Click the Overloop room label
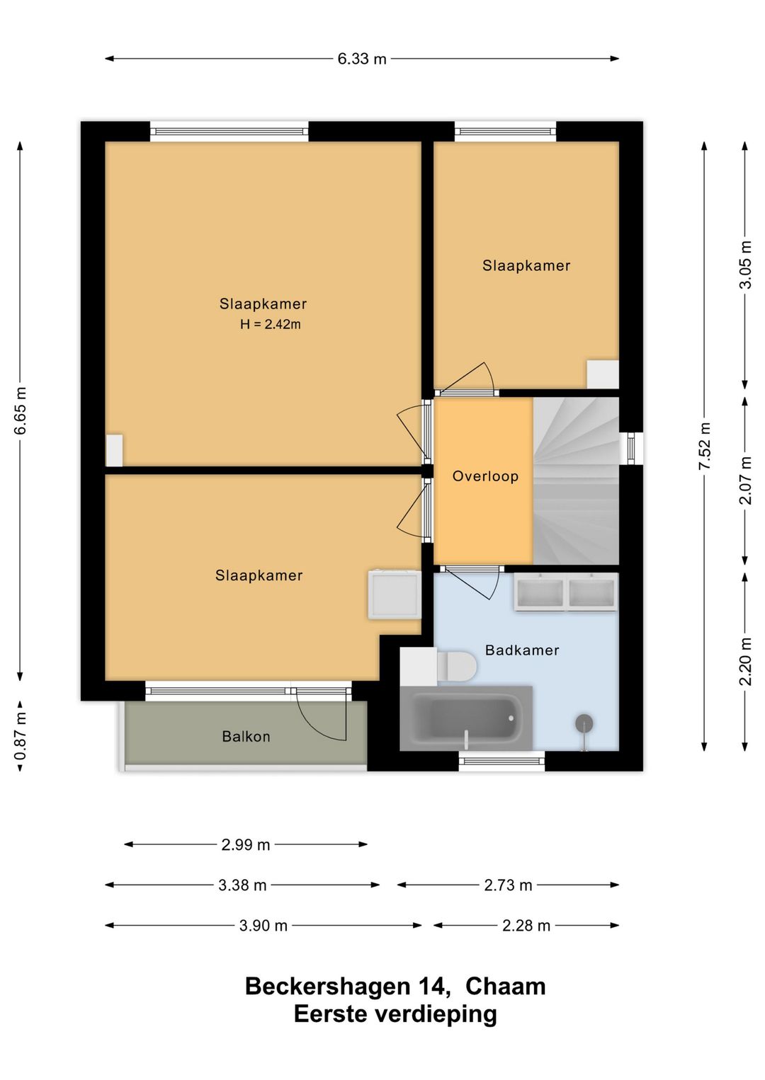point(485,476)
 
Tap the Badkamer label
point(522,650)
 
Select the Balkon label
point(246,736)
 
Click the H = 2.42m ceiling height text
point(271,324)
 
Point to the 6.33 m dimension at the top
point(362,59)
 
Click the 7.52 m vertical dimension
point(705,445)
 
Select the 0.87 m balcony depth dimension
point(21,736)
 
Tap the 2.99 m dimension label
point(246,845)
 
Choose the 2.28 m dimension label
point(526,926)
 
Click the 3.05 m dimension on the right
point(746,264)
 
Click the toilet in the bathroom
point(456,666)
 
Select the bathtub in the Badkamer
point(466,718)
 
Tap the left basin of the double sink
point(540,593)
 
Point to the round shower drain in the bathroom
point(584,723)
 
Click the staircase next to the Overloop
point(576,481)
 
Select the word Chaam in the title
point(505,987)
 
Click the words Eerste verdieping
point(395,1014)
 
